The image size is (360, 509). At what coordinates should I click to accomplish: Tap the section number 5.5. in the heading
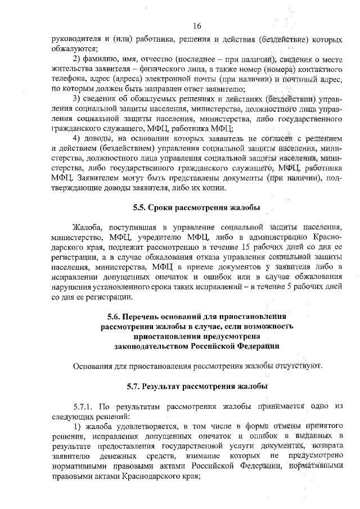pyautogui.click(x=141, y=208)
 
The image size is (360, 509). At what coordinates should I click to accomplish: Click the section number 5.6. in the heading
pyautogui.click(x=115, y=316)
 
